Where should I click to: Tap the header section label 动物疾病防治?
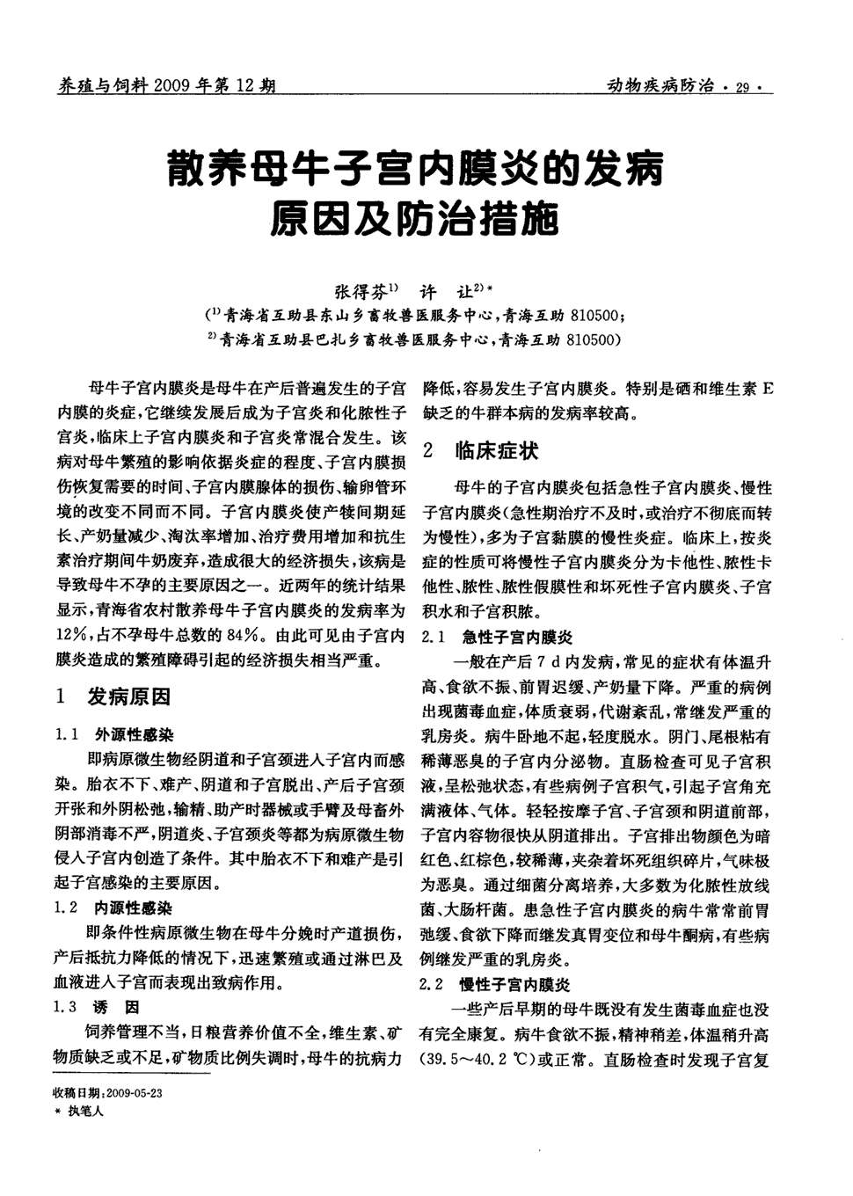point(660,86)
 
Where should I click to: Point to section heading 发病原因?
point(128,697)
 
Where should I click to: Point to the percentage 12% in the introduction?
point(70,633)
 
